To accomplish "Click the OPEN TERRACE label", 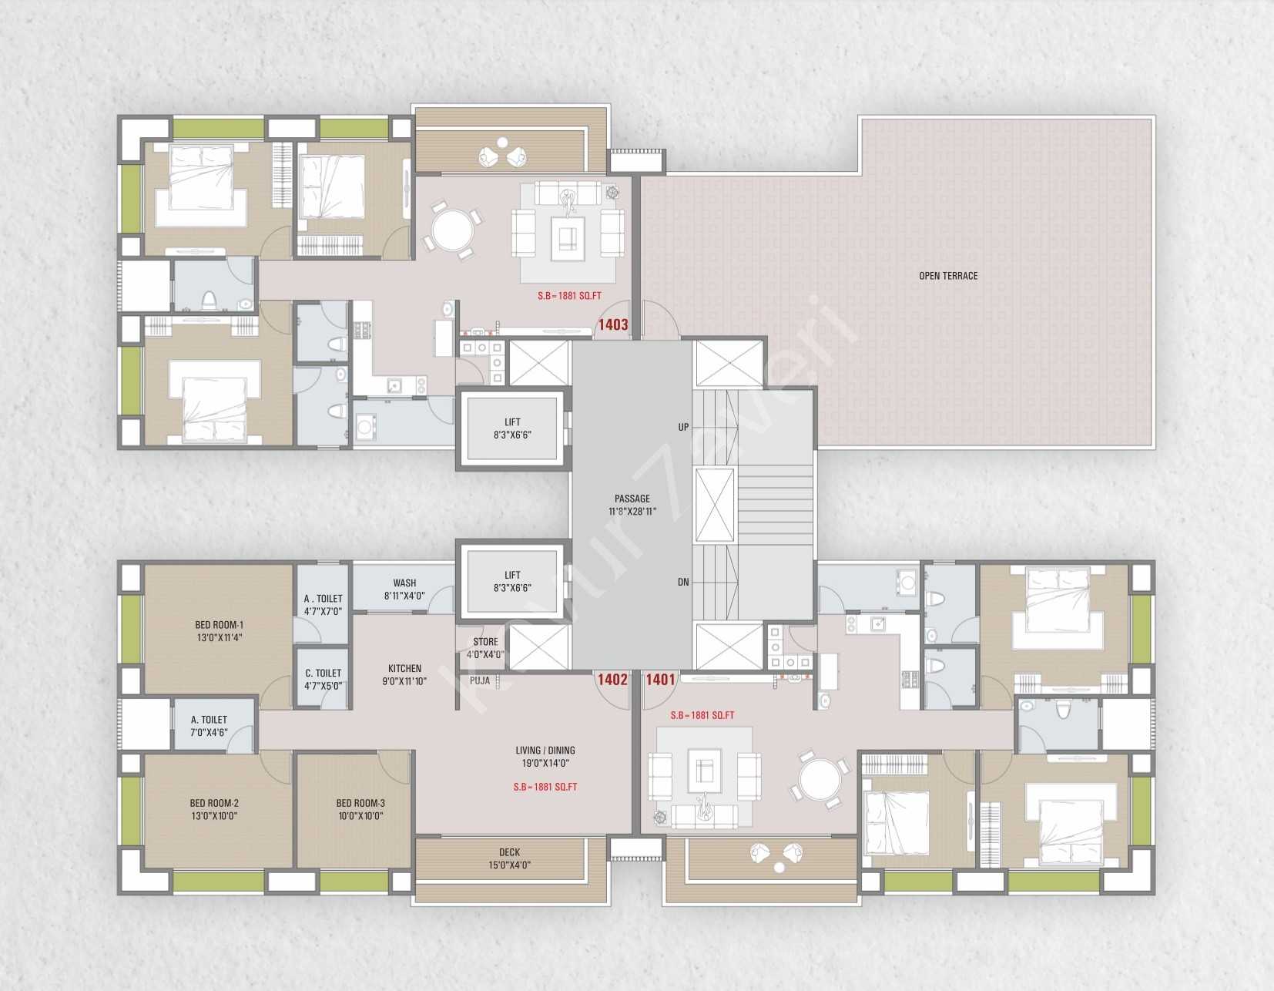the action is point(948,276).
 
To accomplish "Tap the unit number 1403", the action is point(612,324).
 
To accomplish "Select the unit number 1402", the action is point(612,680).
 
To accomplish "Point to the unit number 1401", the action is point(661,680).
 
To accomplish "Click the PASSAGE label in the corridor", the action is point(632,499).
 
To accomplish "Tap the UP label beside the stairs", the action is point(684,427).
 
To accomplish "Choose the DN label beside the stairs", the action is point(684,582).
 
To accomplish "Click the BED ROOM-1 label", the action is point(220,625).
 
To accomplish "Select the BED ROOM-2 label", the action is point(214,803).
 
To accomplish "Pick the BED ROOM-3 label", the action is point(360,803).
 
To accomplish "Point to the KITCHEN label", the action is point(404,668).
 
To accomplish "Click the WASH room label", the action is point(404,583).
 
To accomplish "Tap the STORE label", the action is point(485,642).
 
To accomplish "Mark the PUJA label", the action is point(480,680).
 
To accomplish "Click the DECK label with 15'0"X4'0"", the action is point(509,852).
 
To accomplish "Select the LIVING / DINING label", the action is point(545,750).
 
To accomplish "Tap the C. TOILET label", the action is point(323,674).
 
